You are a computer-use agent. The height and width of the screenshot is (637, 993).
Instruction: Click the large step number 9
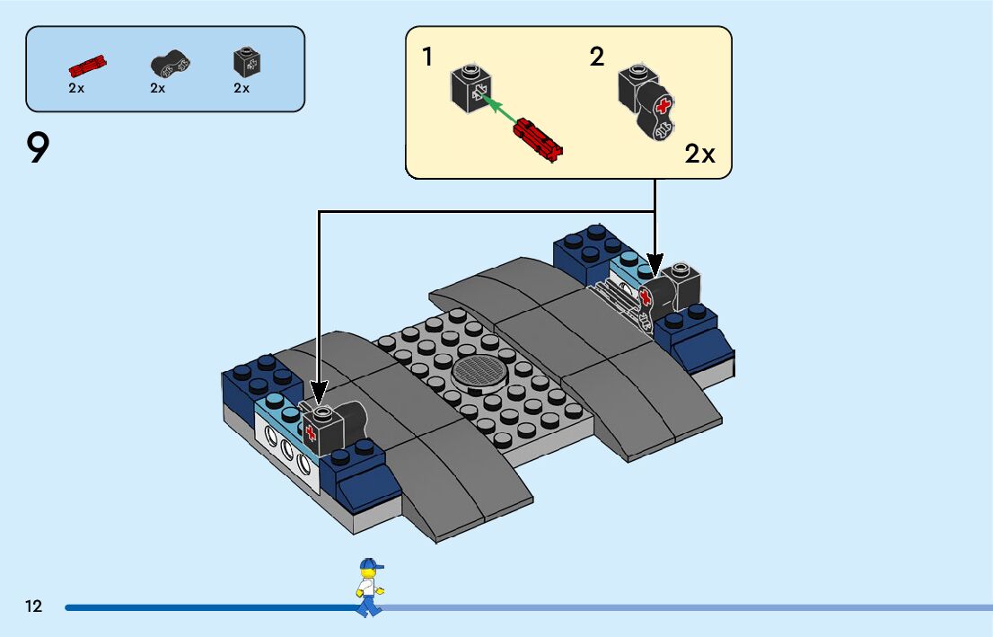tap(38, 149)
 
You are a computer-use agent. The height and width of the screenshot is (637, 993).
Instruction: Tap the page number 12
tap(34, 606)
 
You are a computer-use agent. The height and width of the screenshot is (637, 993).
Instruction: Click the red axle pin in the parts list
tap(88, 65)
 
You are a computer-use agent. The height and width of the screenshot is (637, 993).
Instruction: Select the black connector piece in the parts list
tap(170, 64)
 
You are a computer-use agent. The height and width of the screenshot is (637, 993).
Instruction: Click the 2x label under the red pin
tap(76, 88)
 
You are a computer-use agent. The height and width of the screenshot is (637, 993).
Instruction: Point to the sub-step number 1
tap(428, 58)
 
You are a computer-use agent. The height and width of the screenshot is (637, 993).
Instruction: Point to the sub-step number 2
tap(597, 58)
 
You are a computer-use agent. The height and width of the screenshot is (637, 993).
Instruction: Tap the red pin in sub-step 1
tap(537, 137)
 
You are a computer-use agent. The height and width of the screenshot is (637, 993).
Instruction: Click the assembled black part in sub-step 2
tap(646, 103)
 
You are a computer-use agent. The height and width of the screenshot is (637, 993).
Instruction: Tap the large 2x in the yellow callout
tap(700, 154)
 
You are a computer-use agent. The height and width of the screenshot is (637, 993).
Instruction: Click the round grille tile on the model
tap(479, 370)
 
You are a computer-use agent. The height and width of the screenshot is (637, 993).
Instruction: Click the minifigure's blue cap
tap(370, 565)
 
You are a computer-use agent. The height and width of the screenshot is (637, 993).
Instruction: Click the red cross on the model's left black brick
tap(312, 435)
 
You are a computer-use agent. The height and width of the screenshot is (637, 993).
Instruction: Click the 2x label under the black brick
tap(242, 88)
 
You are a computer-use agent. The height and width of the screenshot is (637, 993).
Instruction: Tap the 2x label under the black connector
tap(158, 88)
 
